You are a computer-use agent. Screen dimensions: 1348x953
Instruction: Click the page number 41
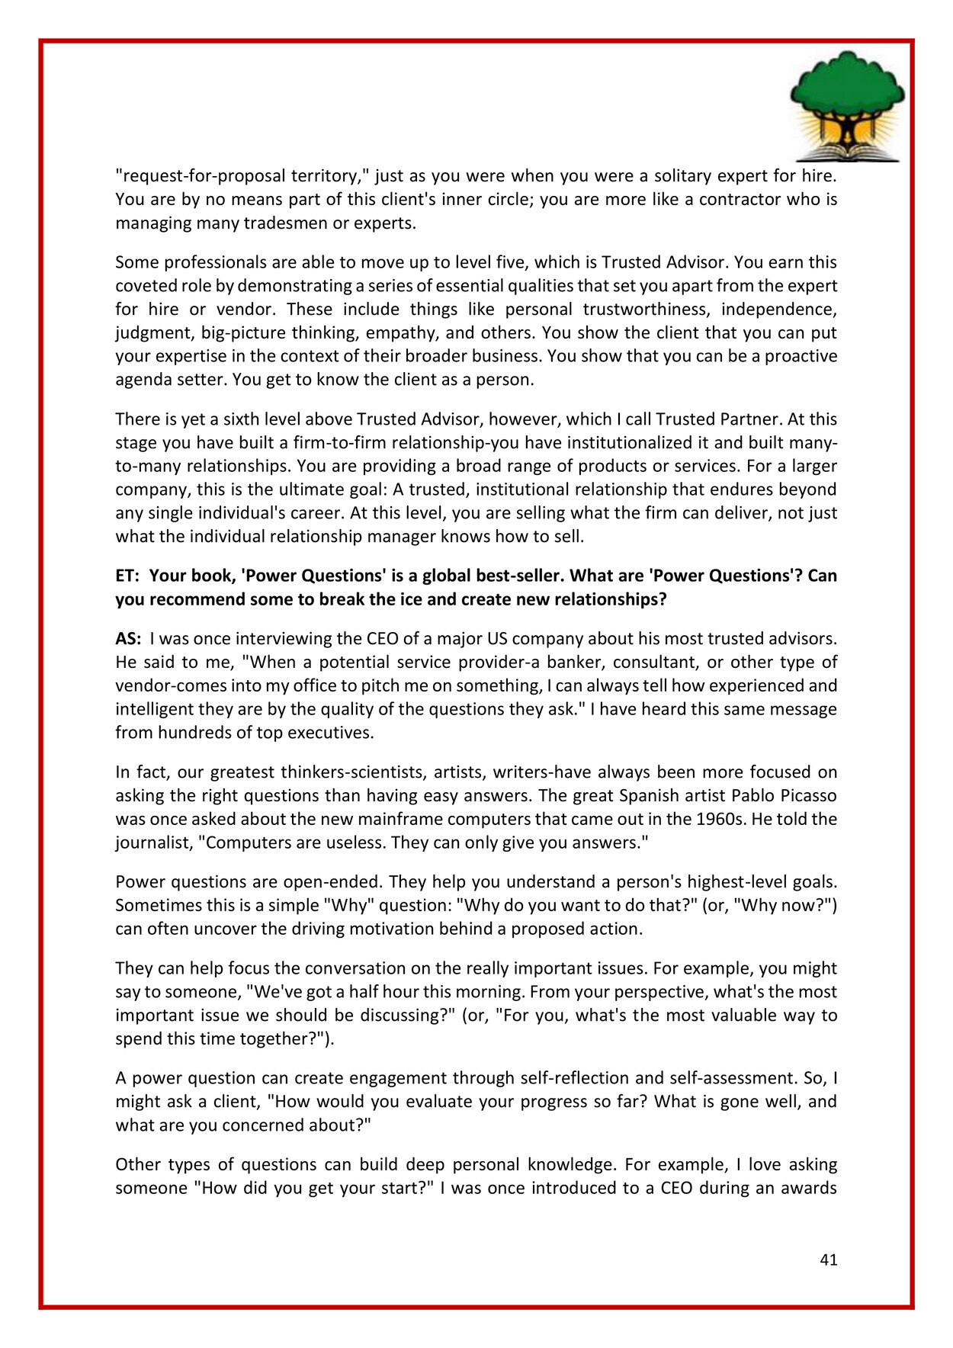coord(828,1260)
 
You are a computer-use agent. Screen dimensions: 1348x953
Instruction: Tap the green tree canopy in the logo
coord(846,88)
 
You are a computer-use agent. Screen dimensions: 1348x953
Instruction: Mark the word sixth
coord(242,419)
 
